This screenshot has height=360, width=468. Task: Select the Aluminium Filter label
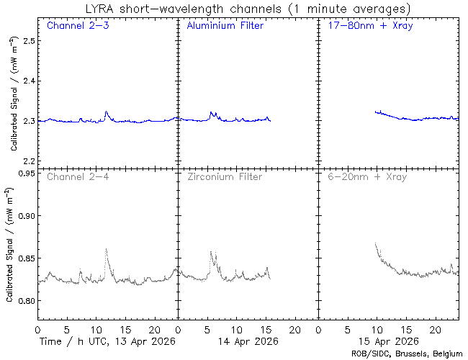tap(225, 26)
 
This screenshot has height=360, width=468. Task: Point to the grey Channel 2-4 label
tap(77, 176)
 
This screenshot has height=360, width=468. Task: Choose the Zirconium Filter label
tap(225, 176)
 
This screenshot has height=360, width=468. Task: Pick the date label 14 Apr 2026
tap(248, 341)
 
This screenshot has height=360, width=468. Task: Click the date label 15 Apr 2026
tap(388, 341)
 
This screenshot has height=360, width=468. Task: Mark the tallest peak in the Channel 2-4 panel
tap(106, 249)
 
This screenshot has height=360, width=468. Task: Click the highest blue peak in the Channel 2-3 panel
tap(106, 112)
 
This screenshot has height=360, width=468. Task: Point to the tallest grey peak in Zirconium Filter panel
tap(211, 252)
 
